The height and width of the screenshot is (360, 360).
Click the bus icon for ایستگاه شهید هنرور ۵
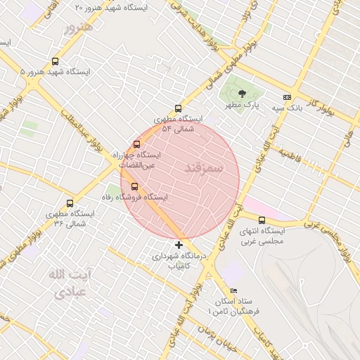pos(56,62)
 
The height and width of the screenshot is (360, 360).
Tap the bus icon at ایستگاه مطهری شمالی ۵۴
pos(178,109)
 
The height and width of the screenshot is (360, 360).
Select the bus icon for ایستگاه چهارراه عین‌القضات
pos(137,144)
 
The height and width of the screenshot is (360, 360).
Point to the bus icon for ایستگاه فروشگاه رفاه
pos(135,186)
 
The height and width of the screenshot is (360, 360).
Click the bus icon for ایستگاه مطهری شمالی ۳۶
pos(70,203)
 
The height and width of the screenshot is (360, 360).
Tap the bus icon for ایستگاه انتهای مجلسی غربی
pos(262,221)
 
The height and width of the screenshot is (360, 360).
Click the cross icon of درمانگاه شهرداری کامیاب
pos(179,245)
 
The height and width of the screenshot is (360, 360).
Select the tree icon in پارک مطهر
pos(242,94)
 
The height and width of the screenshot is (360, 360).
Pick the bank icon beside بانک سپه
pos(287,97)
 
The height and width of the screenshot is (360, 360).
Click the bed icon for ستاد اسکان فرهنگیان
pos(234,290)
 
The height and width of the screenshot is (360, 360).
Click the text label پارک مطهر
pos(242,105)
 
